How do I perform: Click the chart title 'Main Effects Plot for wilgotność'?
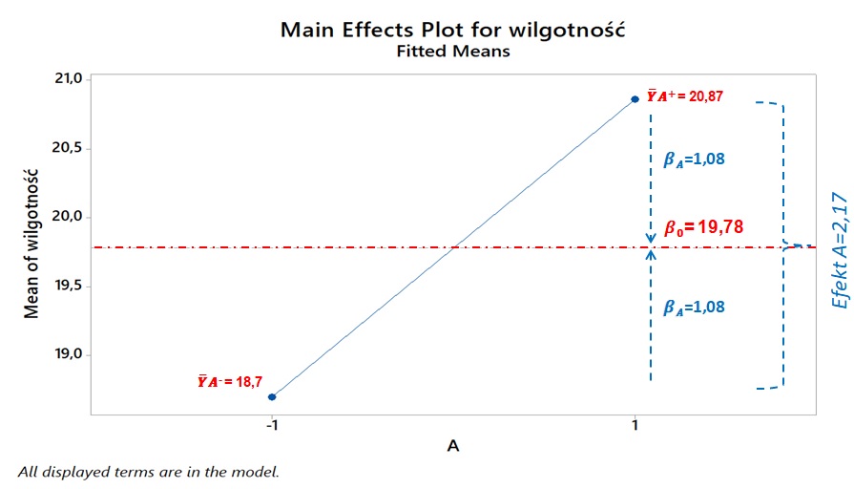click(452, 30)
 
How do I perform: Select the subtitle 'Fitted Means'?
click(452, 52)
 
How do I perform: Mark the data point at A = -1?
click(272, 396)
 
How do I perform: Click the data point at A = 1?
click(635, 99)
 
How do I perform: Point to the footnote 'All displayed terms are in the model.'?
click(148, 472)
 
